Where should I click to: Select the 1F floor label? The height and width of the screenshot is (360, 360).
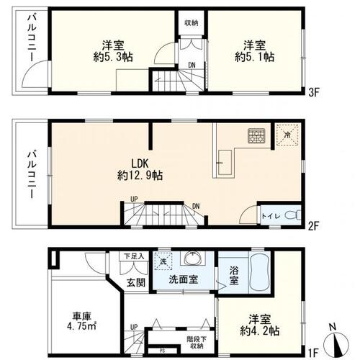[x=314, y=353]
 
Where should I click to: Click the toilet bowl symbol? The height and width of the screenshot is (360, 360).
[x=290, y=214]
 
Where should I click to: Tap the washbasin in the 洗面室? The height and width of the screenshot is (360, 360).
[x=192, y=259]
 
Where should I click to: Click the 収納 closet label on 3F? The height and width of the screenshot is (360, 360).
[x=191, y=22]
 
